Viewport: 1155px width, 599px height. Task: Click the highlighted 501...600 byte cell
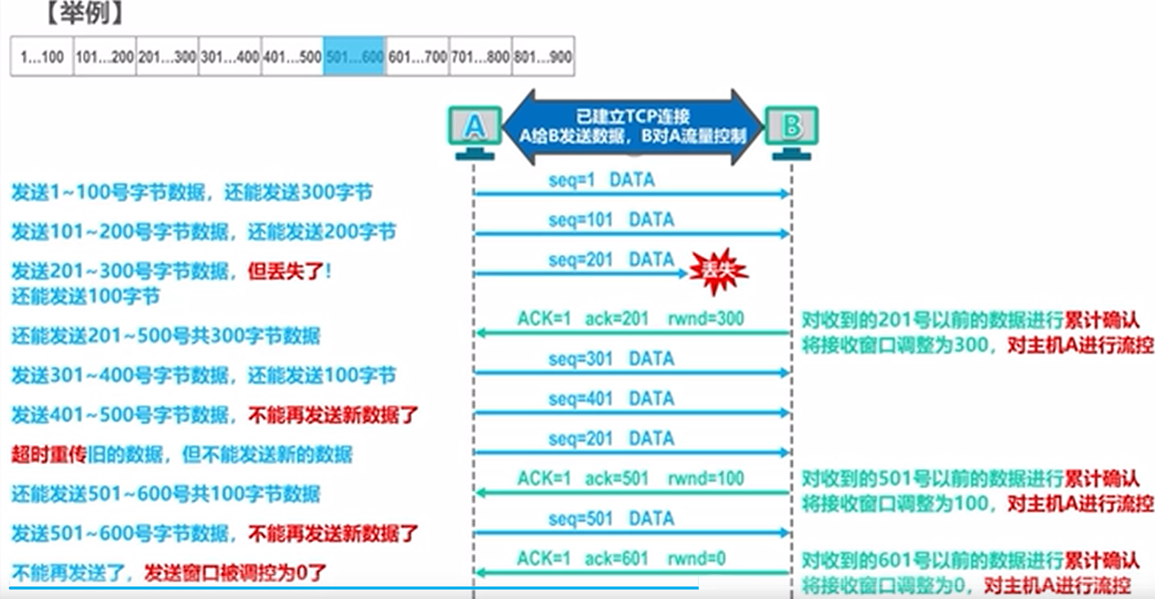pyautogui.click(x=354, y=56)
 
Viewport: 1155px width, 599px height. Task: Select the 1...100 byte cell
pyautogui.click(x=42, y=56)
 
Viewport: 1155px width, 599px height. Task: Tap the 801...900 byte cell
pyautogui.click(x=543, y=56)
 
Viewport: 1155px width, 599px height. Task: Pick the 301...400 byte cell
pyautogui.click(x=230, y=56)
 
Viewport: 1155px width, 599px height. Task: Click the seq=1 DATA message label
pyautogui.click(x=601, y=180)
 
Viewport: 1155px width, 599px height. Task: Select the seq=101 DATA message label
pyautogui.click(x=611, y=220)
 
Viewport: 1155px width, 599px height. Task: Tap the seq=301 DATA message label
pyautogui.click(x=611, y=359)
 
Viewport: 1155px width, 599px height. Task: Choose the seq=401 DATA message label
pyautogui.click(x=611, y=399)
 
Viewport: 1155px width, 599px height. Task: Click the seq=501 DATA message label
pyautogui.click(x=611, y=519)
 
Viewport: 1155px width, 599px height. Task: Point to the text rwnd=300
pyautogui.click(x=706, y=318)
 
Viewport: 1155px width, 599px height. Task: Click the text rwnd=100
pyautogui.click(x=706, y=478)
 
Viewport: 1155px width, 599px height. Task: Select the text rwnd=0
pyautogui.click(x=697, y=558)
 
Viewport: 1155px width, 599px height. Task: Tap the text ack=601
pyautogui.click(x=616, y=558)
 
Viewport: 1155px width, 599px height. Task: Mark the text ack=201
pyautogui.click(x=616, y=318)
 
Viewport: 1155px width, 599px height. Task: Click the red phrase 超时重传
pyautogui.click(x=48, y=454)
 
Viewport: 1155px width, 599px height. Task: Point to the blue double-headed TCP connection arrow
pyautogui.click(x=633, y=127)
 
